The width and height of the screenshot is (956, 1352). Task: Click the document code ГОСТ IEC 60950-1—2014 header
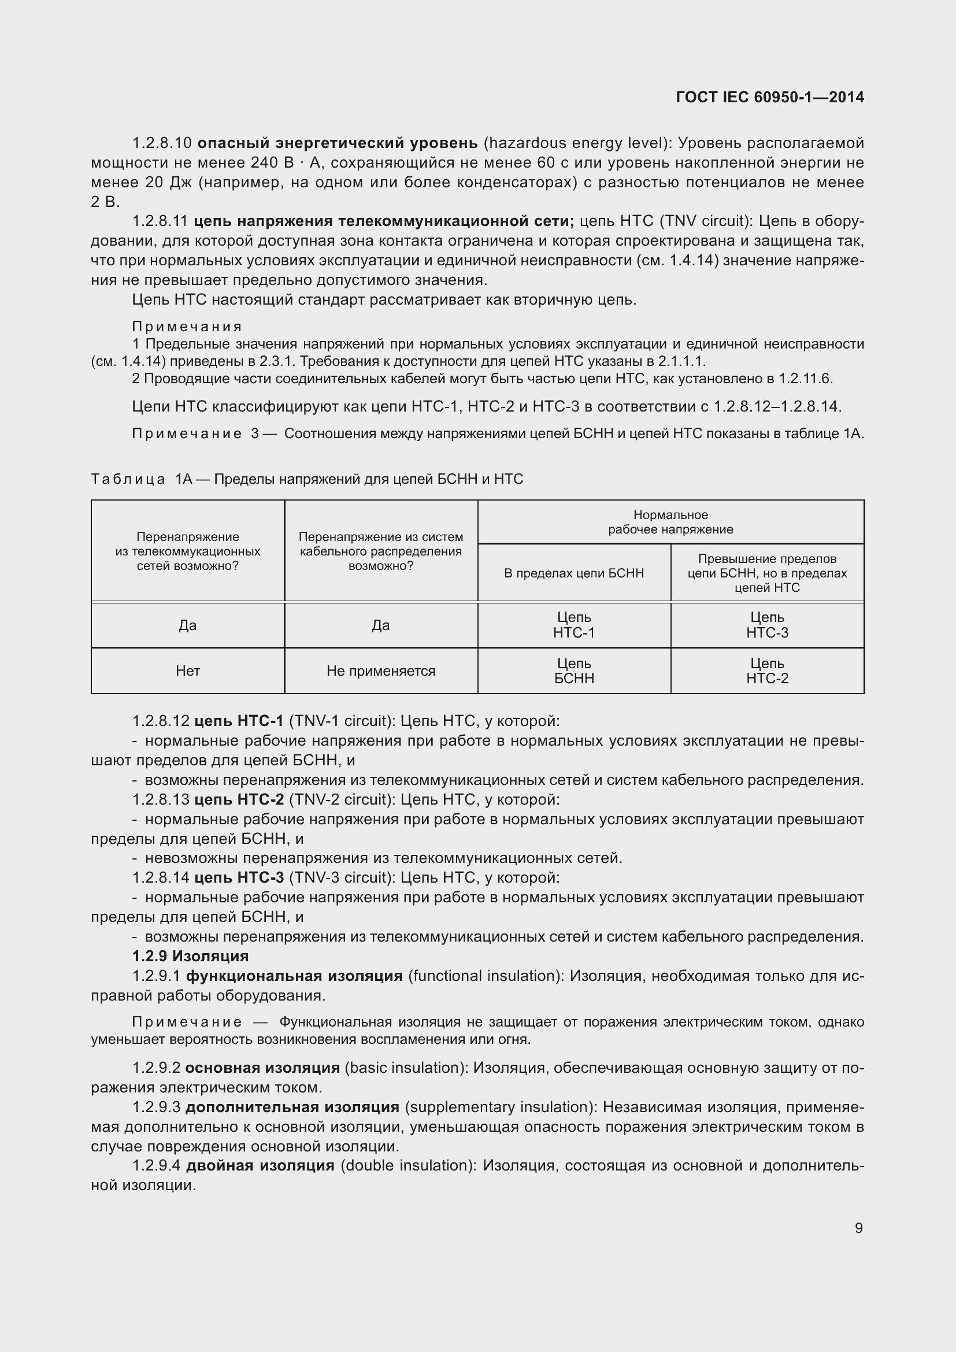[769, 97]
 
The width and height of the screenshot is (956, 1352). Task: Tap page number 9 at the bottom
[858, 1228]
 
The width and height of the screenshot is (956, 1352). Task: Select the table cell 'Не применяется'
[380, 671]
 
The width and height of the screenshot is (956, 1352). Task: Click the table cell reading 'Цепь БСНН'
[574, 671]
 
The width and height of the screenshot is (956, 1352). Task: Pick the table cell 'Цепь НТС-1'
[574, 625]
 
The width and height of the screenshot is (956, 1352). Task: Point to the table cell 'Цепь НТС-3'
[767, 625]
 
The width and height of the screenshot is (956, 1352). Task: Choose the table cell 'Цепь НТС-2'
[767, 671]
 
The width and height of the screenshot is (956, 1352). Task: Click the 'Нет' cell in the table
[187, 671]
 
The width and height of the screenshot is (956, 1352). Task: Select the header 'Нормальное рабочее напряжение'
[670, 522]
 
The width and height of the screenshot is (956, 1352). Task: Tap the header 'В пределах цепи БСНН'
[574, 573]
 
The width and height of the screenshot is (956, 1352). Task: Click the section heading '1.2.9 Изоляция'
[190, 955]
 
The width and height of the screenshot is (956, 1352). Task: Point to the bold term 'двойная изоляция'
[260, 1165]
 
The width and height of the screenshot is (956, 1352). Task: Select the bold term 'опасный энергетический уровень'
[338, 143]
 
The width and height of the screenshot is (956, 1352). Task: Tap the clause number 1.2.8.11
[160, 221]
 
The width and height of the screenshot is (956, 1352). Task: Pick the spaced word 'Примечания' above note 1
[187, 326]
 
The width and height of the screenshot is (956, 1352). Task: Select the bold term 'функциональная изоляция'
[294, 976]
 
